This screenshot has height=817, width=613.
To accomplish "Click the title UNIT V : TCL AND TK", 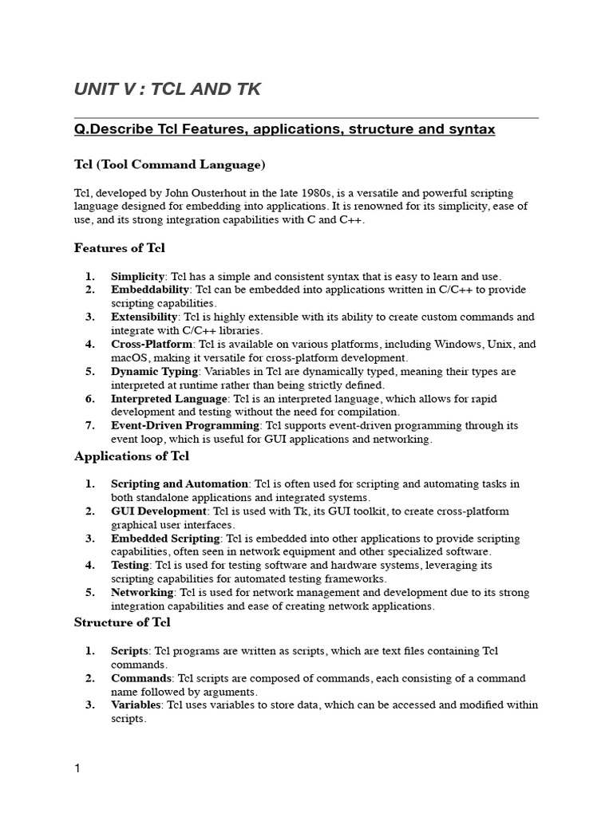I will click(167, 90).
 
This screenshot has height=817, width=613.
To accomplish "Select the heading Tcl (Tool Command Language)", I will click(169, 164).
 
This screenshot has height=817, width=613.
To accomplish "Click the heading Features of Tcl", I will click(120, 248).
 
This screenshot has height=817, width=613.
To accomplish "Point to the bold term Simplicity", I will click(137, 275).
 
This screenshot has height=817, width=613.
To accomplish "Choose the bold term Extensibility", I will click(144, 317).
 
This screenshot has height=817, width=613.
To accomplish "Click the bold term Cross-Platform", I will click(152, 344).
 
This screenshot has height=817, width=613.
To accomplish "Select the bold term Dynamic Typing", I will click(154, 372).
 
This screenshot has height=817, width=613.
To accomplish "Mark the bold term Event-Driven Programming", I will click(185, 426).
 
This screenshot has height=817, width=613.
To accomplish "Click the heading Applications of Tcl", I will click(132, 456).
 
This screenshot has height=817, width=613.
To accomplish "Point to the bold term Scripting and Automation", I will click(180, 483).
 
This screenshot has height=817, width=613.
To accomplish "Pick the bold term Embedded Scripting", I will click(165, 539).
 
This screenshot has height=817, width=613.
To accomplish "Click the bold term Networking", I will click(142, 593).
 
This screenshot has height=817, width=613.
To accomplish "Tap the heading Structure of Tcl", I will click(122, 622).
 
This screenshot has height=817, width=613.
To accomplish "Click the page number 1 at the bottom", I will click(77, 768).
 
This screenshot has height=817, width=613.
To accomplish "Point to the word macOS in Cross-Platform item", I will click(130, 358).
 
